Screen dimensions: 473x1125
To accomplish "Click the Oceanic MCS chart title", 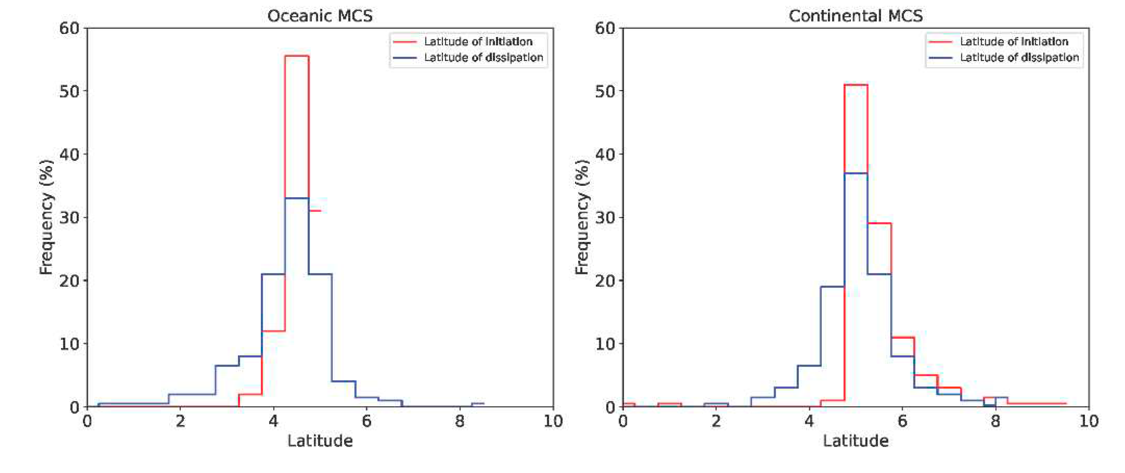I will point(320,16).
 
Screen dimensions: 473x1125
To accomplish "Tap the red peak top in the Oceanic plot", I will point(297,56).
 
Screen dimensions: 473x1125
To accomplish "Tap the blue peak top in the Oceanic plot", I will point(297,198).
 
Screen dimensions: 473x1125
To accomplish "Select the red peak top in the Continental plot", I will point(855,85).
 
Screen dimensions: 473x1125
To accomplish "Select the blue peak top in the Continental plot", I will point(855,173).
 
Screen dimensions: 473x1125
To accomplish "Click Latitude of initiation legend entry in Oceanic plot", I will point(478,42).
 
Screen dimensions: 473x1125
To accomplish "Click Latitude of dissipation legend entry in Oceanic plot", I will point(483,58).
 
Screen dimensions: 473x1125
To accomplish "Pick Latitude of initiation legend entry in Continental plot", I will point(1013,42).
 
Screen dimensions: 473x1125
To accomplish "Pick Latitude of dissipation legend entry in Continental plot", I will point(1019,58).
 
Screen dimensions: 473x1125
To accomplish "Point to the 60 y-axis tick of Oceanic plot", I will point(70,28).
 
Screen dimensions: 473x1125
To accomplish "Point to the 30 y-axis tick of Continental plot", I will point(605,217).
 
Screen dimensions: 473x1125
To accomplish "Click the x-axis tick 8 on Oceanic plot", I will point(459,422).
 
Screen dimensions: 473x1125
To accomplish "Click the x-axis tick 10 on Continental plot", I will point(1088,422).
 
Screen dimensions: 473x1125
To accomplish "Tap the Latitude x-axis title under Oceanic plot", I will point(320,441).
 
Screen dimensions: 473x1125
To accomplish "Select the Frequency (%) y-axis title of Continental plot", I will point(582,217).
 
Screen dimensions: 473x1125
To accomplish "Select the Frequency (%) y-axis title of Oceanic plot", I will point(46,217).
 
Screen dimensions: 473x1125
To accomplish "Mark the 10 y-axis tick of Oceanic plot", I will point(70,344).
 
